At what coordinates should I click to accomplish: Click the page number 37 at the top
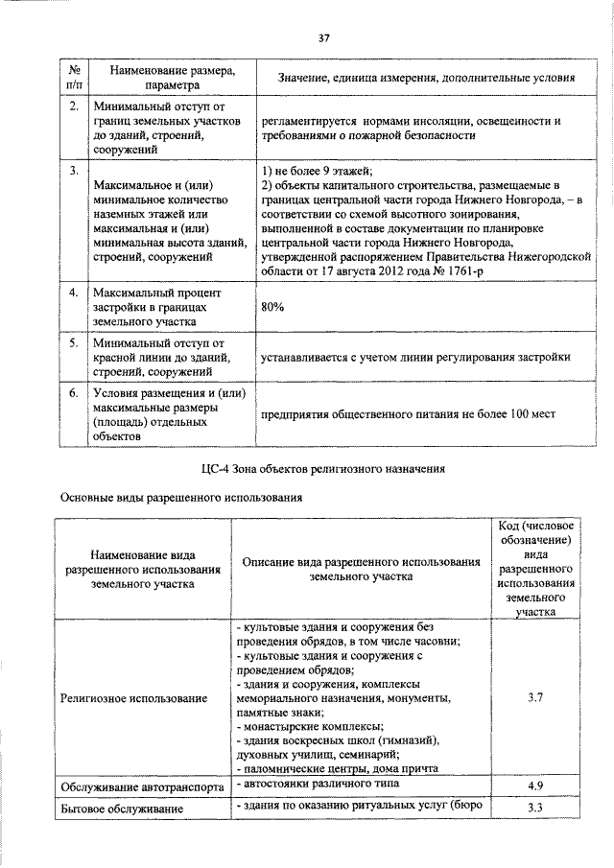tap(323, 37)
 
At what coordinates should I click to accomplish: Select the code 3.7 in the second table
tap(536, 698)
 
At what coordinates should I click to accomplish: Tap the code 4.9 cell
tap(536, 786)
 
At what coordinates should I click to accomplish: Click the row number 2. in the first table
tap(73, 105)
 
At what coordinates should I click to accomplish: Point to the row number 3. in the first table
tap(73, 170)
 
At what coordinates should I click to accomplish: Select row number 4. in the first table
tap(73, 291)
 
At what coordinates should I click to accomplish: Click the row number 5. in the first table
tap(73, 341)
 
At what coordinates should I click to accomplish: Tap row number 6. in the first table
tap(73, 392)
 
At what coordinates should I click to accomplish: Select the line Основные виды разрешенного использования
tap(182, 498)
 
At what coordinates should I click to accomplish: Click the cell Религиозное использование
tap(133, 698)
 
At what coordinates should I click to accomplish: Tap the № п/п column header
tap(73, 77)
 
